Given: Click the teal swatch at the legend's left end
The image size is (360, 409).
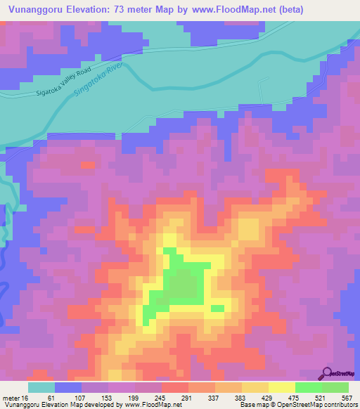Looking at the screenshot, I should pos(41,387).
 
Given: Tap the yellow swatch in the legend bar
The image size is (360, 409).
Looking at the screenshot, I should pos(281,387).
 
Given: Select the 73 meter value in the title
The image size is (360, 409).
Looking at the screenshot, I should pos(142,10).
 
